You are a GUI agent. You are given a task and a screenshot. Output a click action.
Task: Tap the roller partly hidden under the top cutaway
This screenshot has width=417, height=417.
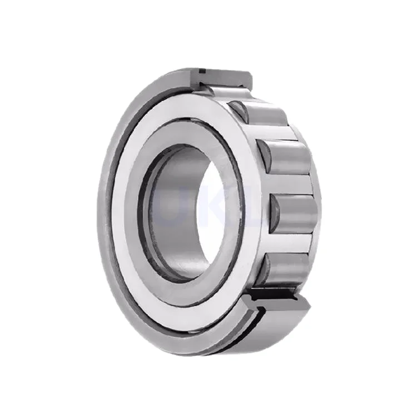pyautogui.click(x=225, y=92)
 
